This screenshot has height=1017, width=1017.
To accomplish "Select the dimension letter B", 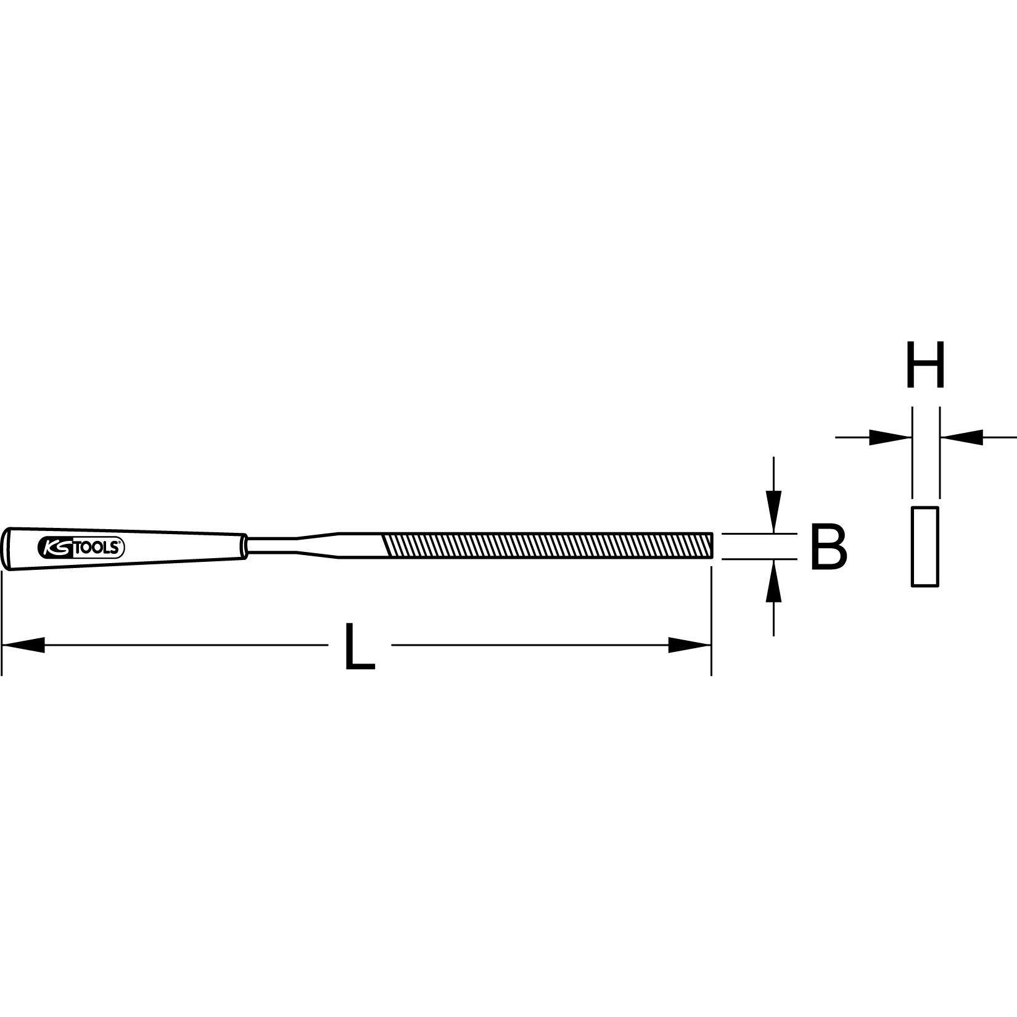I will (x=828, y=546).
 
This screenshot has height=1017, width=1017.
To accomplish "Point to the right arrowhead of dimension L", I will (x=690, y=645).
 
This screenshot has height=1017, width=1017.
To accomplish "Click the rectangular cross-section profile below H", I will (x=924, y=546).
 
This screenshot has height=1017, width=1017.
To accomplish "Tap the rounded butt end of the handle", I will (x=7, y=546).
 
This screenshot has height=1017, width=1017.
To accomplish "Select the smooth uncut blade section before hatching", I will (x=358, y=546).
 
